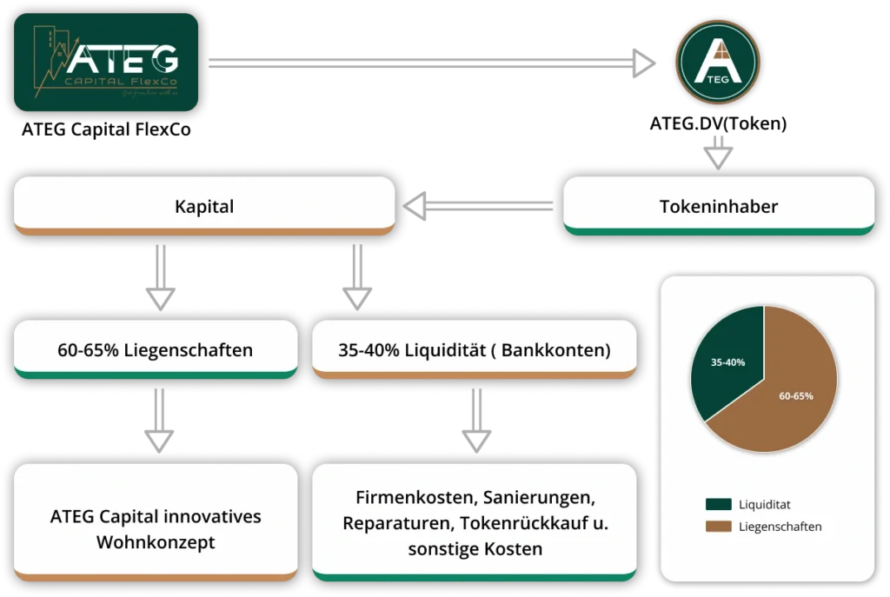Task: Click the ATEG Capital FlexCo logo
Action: pyautogui.click(x=106, y=63)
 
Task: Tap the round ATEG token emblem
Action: pyautogui.click(x=718, y=63)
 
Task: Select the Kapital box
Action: pyautogui.click(x=204, y=207)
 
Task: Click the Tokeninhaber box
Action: pyautogui.click(x=718, y=207)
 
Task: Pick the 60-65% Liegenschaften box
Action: pyautogui.click(x=156, y=350)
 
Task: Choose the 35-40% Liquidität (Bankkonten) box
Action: pyautogui.click(x=474, y=350)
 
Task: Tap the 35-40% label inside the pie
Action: pyautogui.click(x=727, y=362)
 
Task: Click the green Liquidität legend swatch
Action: pyautogui.click(x=718, y=504)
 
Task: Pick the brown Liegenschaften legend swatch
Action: pyautogui.click(x=718, y=526)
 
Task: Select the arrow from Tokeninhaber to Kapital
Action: pyautogui.click(x=476, y=207)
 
